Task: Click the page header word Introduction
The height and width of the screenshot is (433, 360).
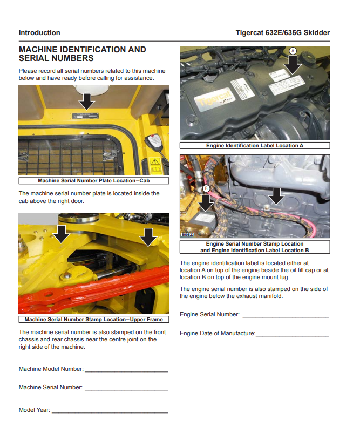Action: [39, 32]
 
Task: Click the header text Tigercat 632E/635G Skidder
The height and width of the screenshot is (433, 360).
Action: [282, 32]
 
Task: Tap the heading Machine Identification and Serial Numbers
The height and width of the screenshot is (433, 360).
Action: [82, 53]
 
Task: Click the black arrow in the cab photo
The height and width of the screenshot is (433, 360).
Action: [86, 100]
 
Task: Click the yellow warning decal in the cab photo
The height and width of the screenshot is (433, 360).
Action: [155, 162]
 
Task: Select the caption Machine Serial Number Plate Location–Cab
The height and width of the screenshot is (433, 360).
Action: [93, 181]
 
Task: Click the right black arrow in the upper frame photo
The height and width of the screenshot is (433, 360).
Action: [147, 236]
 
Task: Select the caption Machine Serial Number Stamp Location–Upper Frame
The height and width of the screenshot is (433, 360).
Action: [93, 320]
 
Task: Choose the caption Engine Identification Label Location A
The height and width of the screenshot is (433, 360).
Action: [255, 146]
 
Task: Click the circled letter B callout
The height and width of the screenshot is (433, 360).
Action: [206, 188]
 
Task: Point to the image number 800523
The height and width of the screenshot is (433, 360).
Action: [188, 235]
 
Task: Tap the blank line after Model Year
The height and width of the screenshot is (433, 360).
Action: [110, 412]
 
